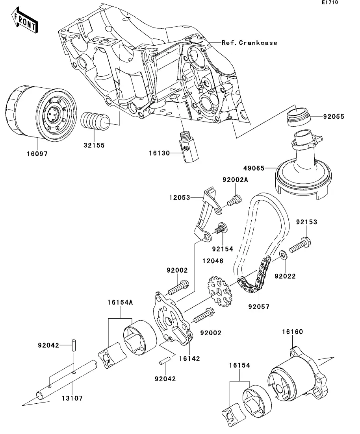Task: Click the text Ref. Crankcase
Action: click(x=249, y=42)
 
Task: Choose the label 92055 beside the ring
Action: click(x=334, y=116)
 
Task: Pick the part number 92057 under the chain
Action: click(x=258, y=306)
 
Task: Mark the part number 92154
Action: click(x=223, y=249)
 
